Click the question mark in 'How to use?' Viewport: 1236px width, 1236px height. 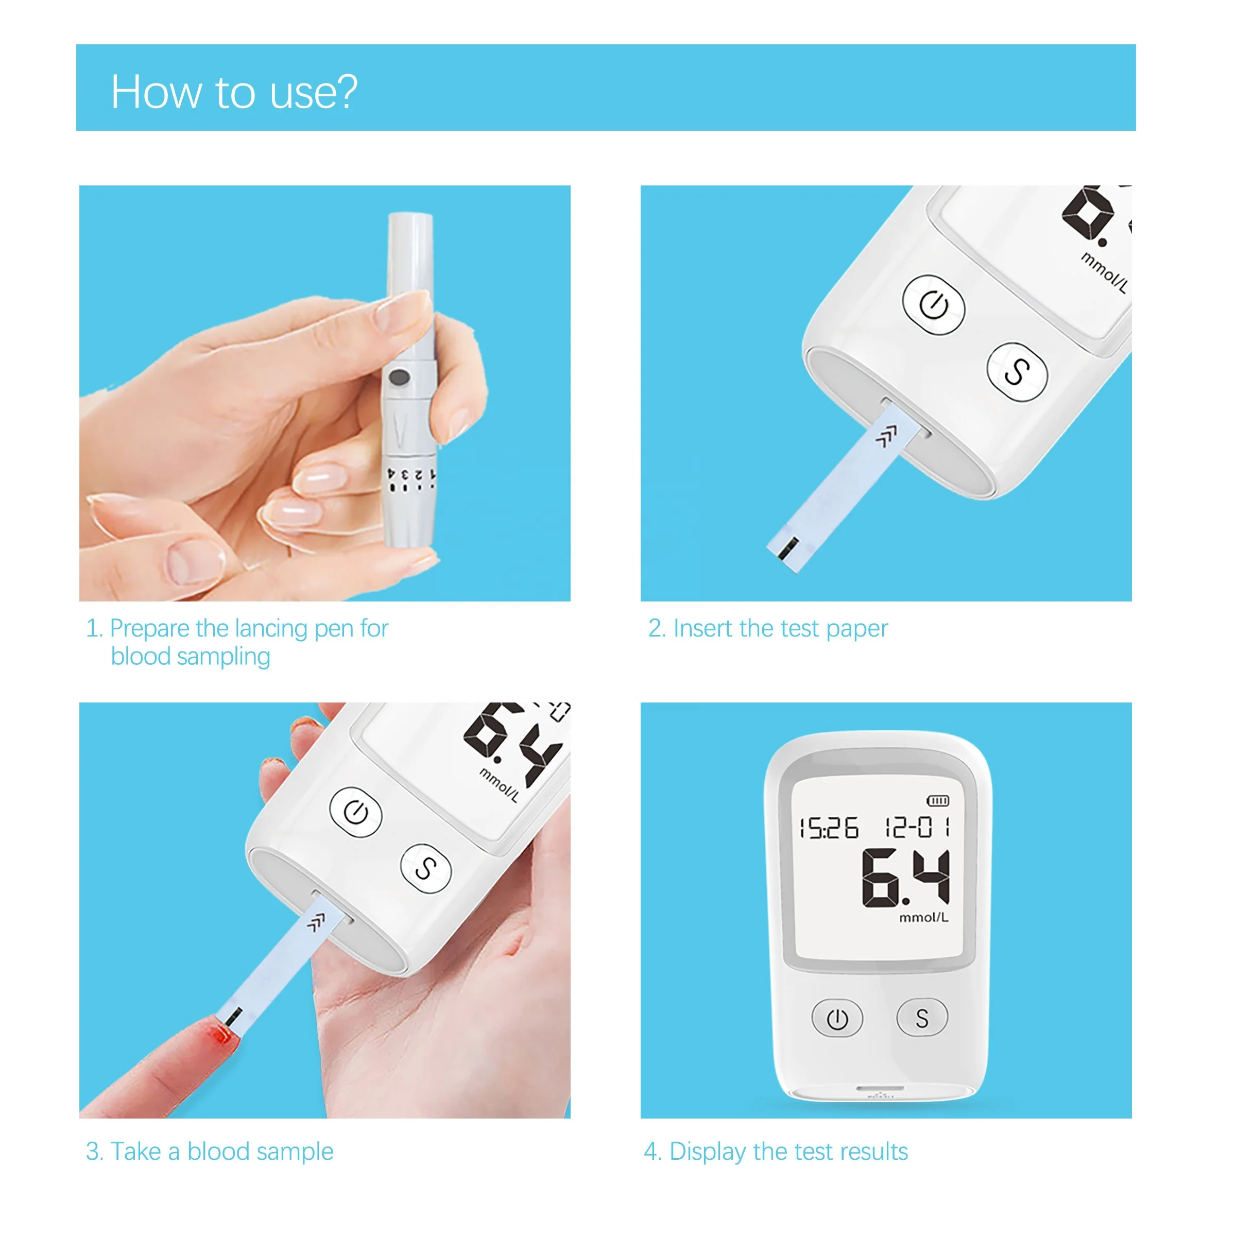point(346,92)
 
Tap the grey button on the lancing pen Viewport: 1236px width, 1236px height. point(399,378)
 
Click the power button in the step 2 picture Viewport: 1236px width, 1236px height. point(933,304)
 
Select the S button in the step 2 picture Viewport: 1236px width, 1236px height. point(1017,372)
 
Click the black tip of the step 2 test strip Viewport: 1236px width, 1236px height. point(789,547)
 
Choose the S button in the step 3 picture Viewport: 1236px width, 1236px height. point(425,868)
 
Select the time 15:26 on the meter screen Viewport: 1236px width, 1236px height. point(829,828)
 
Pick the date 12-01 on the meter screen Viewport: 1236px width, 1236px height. point(917,827)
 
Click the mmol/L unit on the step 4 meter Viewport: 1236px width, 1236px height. point(923,917)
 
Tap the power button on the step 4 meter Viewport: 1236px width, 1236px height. point(837,1019)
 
